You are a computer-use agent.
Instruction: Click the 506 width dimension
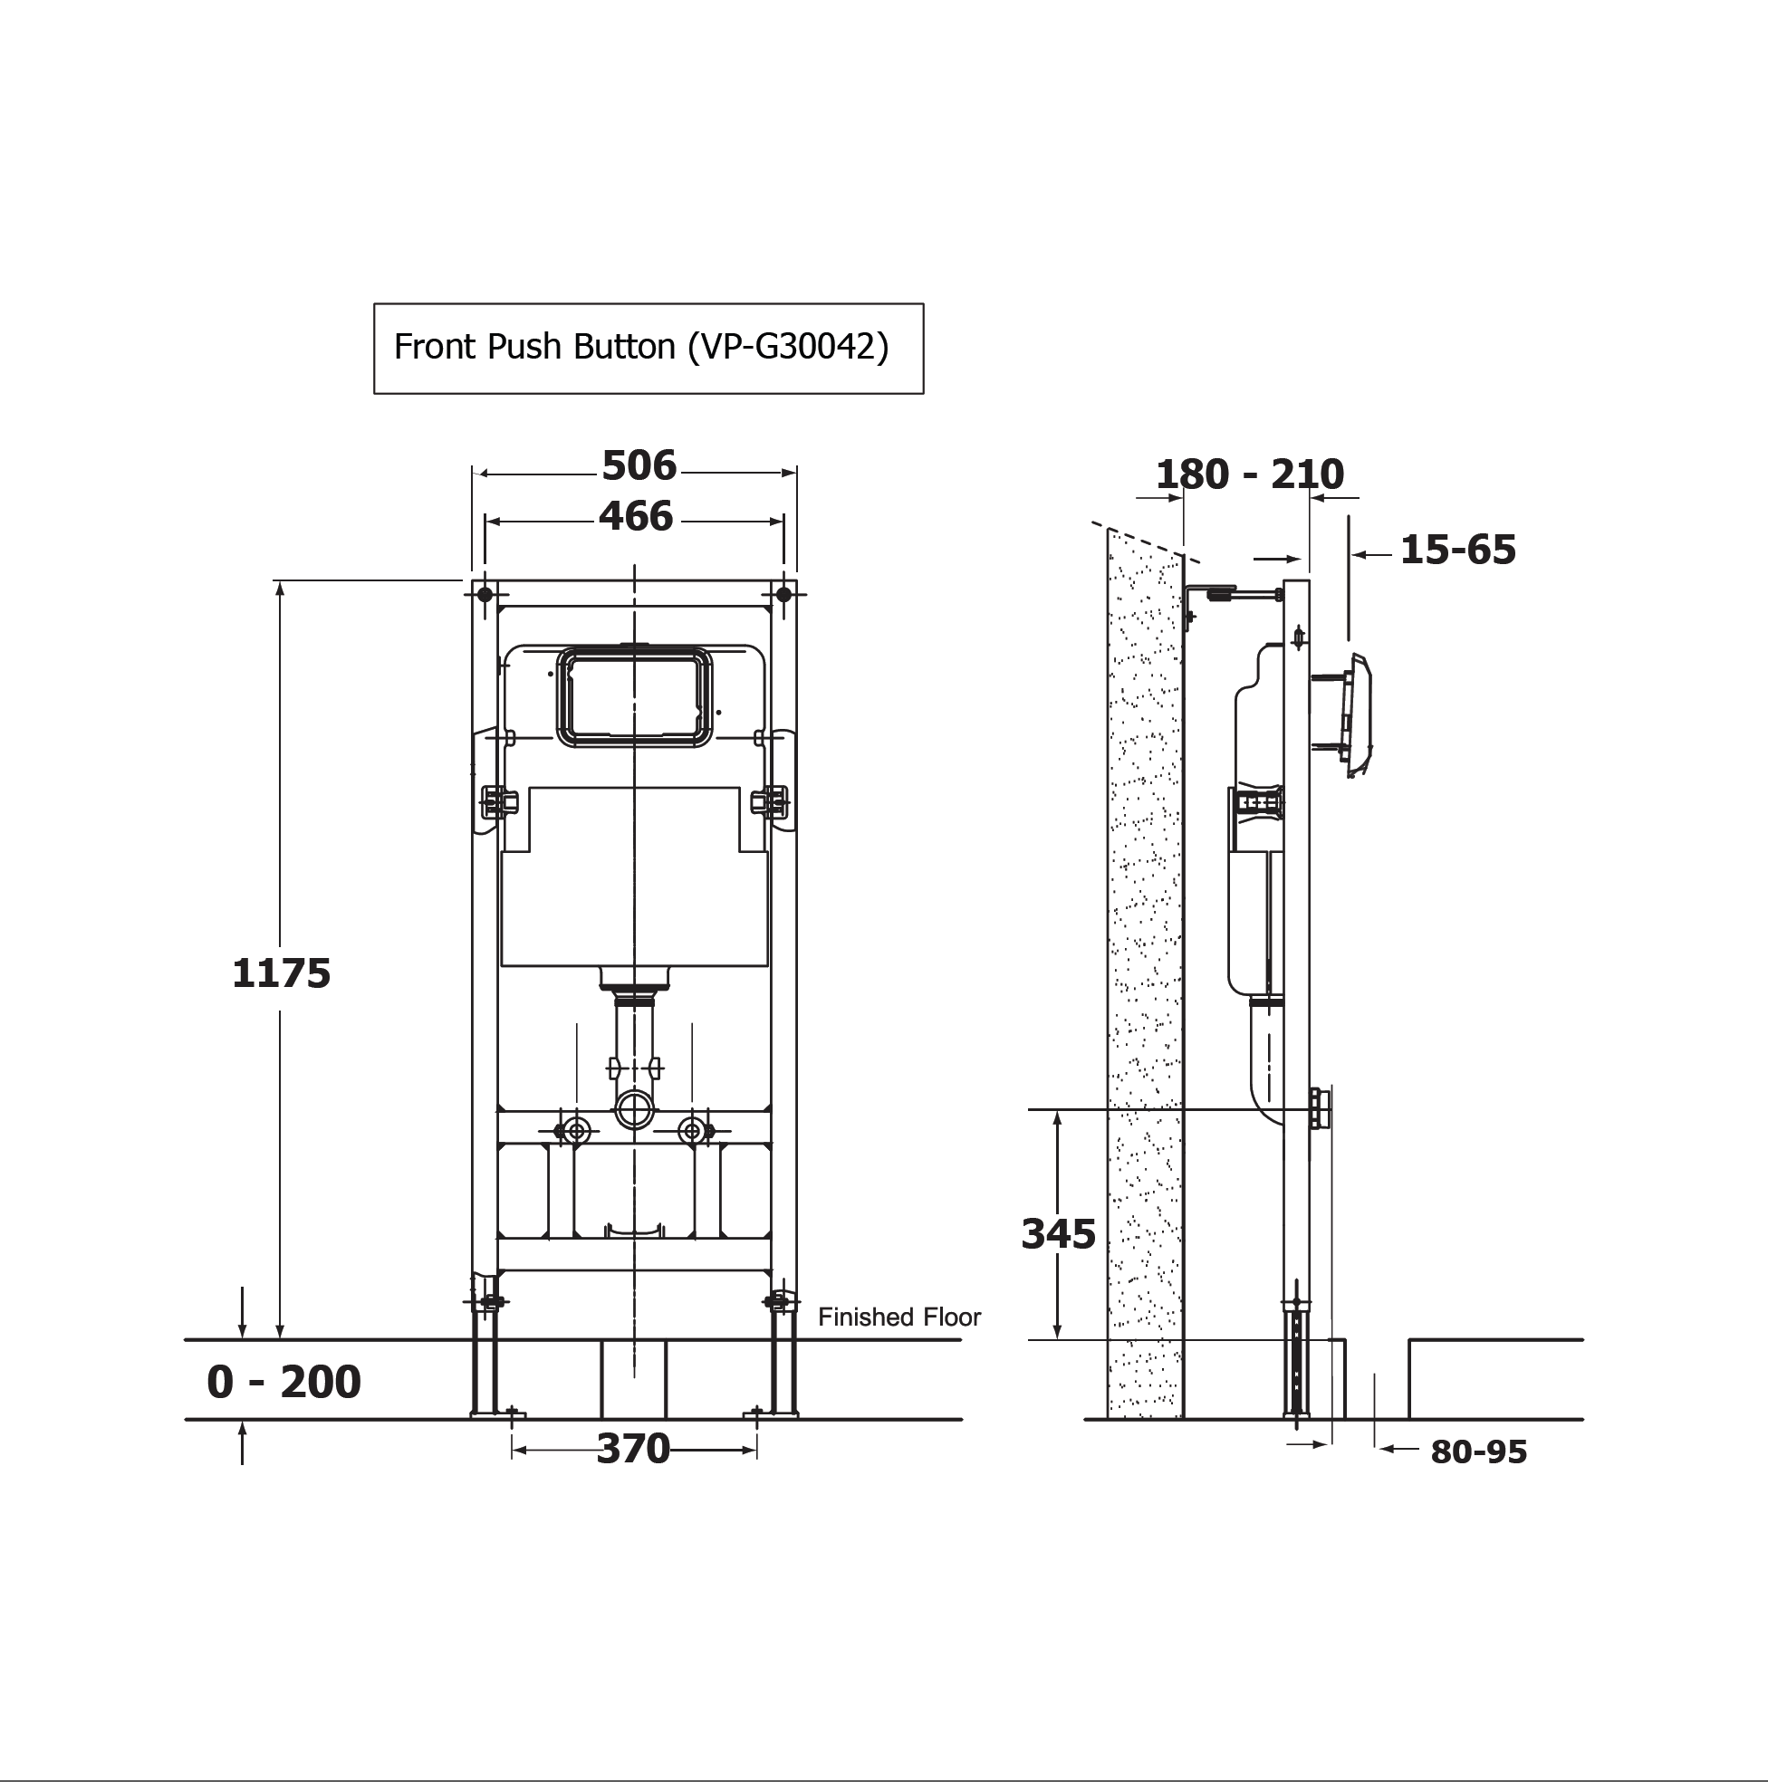(x=639, y=465)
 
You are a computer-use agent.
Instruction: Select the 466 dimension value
(x=636, y=516)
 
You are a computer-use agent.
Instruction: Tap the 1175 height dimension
(x=282, y=974)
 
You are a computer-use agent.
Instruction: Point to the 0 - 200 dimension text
(x=283, y=1382)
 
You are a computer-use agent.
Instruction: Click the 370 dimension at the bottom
(x=633, y=1449)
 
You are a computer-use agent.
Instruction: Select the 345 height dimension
(x=1059, y=1234)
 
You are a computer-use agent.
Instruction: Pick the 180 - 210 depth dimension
(x=1249, y=475)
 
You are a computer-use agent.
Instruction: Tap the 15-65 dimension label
(x=1458, y=550)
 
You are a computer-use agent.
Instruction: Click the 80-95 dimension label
(x=1478, y=1452)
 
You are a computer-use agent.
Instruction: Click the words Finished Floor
(x=898, y=1317)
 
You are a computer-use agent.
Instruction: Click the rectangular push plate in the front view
(x=635, y=696)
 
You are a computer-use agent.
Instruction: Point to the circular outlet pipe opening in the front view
(x=634, y=1109)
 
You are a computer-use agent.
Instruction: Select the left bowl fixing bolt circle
(x=578, y=1131)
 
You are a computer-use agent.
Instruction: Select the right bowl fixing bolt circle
(x=691, y=1131)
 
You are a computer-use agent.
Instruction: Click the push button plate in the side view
(x=1358, y=715)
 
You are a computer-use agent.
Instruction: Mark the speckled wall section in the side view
(x=1145, y=969)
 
